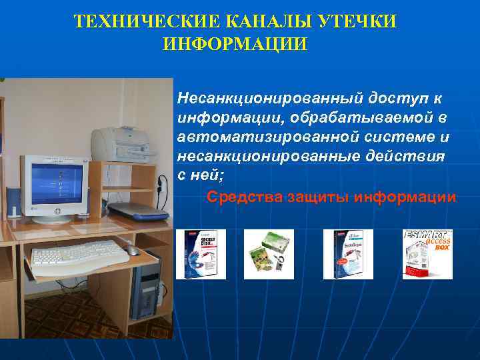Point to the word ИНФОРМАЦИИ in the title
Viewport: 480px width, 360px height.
click(235, 45)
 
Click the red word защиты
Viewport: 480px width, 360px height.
click(318, 197)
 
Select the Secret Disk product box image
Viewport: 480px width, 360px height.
click(201, 254)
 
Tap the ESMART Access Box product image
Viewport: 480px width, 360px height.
click(427, 254)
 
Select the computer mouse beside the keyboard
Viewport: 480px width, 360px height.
click(133, 251)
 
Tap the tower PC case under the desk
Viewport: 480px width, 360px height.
click(145, 287)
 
